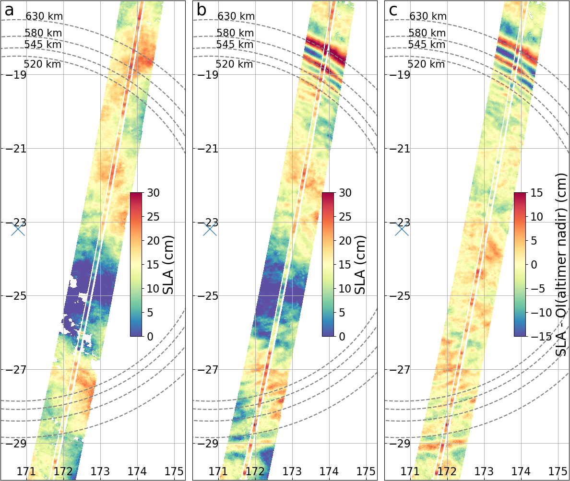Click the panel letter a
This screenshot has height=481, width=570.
point(9,10)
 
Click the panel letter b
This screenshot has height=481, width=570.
point(202,10)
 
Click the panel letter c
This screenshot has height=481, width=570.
point(393,10)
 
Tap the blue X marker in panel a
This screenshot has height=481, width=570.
point(18,229)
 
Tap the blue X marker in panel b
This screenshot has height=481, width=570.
point(210,229)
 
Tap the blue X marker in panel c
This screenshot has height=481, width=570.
point(402,229)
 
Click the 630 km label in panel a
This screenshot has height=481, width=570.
point(44,16)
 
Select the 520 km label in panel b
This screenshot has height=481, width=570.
point(234,64)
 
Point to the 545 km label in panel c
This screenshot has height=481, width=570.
point(427,45)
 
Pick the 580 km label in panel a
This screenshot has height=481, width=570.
point(43,33)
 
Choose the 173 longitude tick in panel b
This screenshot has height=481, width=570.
point(293,471)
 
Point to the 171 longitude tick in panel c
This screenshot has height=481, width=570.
point(410,471)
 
